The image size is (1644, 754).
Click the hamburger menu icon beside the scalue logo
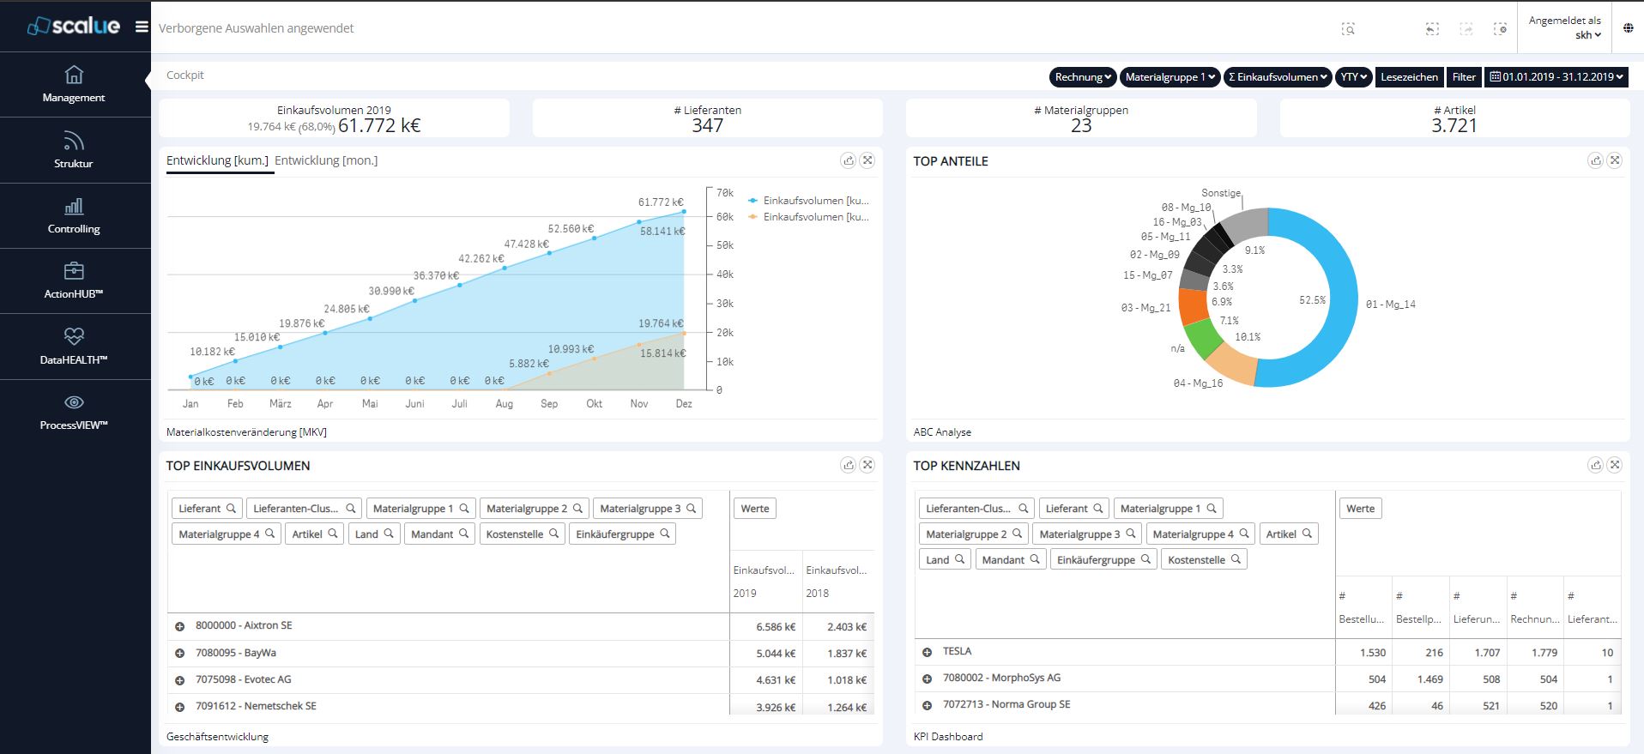[142, 27]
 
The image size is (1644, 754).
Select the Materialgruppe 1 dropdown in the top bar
[1170, 77]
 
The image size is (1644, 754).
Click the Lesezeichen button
[1409, 77]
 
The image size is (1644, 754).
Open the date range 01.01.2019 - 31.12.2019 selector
[1557, 77]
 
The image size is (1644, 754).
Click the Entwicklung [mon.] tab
[326, 160]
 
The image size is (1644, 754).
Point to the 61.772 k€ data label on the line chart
[660, 202]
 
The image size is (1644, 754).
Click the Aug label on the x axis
[505, 404]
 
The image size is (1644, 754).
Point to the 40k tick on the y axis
[725, 274]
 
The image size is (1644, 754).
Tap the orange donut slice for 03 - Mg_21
[1194, 306]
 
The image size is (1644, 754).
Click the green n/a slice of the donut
[1201, 339]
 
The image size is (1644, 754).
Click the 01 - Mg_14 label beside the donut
[1390, 305]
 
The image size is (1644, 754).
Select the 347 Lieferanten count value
[707, 126]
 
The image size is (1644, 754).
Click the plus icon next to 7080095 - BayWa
[180, 654]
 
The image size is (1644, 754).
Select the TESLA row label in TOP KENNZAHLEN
[957, 652]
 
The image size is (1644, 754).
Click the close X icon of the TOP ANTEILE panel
[1614, 160]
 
